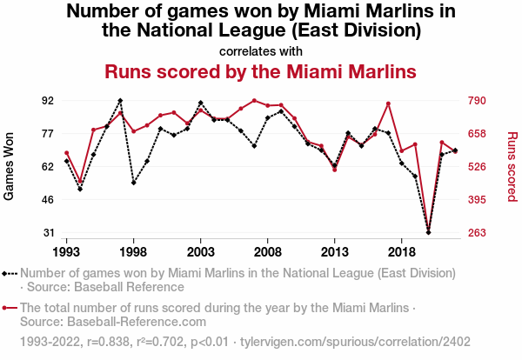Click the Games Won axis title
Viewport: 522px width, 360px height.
[10, 166]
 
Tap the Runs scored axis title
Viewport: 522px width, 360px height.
[512, 166]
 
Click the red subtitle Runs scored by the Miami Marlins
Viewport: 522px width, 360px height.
[260, 70]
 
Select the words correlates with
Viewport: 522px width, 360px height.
[260, 50]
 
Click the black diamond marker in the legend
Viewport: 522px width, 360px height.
[6, 273]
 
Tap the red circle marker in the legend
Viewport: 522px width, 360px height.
[6, 308]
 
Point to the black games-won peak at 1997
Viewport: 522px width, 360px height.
[120, 101]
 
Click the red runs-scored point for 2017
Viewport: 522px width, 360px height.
[388, 103]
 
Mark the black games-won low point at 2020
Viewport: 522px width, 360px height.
[428, 232]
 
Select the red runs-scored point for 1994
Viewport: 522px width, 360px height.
[80, 183]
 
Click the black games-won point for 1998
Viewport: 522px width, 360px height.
[133, 183]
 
